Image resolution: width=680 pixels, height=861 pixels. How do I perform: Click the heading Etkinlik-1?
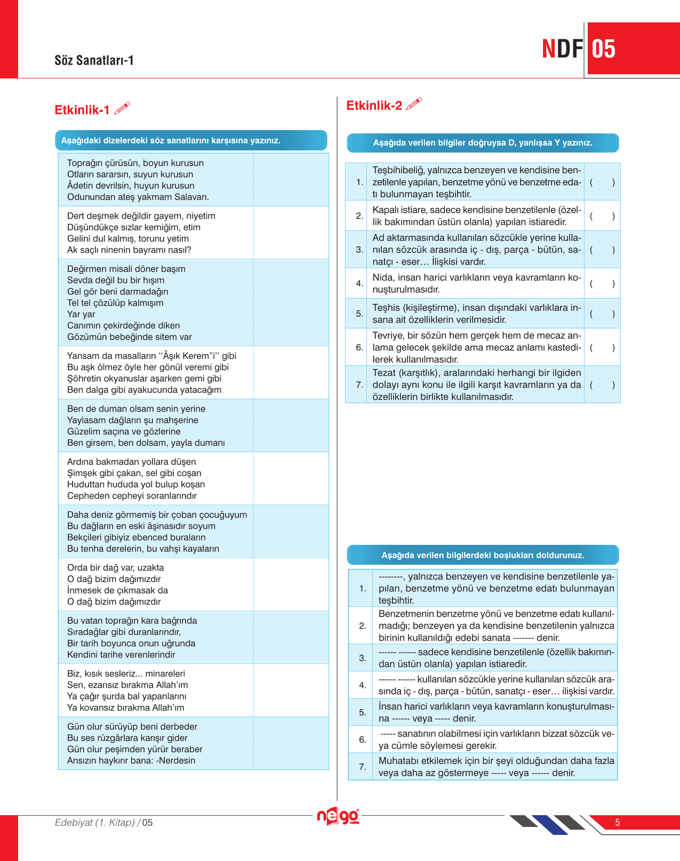click(x=82, y=110)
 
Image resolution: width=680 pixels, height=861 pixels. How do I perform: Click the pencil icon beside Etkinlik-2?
click(x=414, y=104)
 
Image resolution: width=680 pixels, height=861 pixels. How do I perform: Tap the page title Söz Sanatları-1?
click(x=94, y=60)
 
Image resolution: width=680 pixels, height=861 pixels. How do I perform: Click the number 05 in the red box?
click(x=604, y=49)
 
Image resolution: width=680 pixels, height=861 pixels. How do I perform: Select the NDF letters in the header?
click(x=562, y=49)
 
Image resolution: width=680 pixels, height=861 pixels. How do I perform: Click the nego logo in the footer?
click(x=338, y=816)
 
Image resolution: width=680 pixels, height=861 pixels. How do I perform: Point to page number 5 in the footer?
click(x=618, y=823)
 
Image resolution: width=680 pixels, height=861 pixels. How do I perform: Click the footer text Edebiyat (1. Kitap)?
click(x=95, y=823)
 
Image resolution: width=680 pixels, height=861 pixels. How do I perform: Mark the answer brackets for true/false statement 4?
click(x=602, y=284)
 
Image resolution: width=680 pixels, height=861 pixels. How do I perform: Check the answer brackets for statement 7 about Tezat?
click(x=602, y=385)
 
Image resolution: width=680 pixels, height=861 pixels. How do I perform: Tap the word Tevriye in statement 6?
click(x=388, y=335)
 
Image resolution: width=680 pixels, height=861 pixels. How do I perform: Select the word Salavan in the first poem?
click(x=190, y=197)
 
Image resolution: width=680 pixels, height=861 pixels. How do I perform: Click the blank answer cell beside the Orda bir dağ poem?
click(x=291, y=584)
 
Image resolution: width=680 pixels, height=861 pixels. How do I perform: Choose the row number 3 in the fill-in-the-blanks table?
click(x=363, y=658)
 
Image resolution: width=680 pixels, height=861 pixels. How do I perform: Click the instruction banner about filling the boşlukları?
click(x=483, y=555)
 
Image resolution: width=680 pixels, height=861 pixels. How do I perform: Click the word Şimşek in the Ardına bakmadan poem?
click(x=82, y=473)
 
